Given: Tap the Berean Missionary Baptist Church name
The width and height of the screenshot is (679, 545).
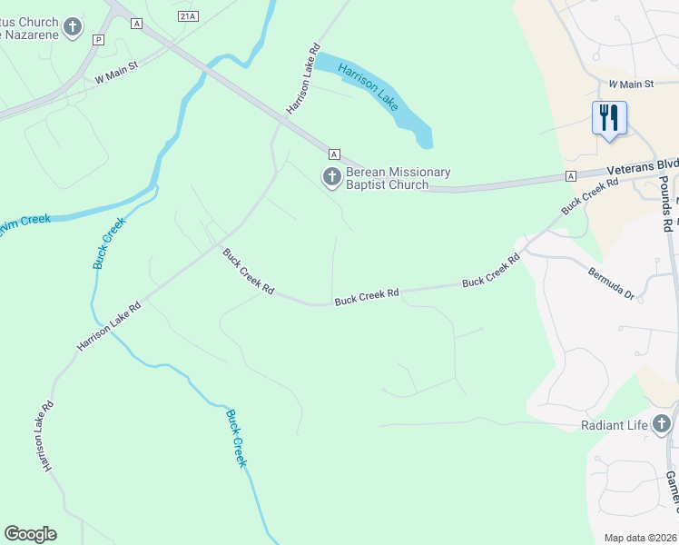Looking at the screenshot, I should [x=398, y=179].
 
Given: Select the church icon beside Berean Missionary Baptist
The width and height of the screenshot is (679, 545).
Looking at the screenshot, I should [x=332, y=177].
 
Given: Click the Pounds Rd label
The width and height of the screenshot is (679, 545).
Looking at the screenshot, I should [x=666, y=202].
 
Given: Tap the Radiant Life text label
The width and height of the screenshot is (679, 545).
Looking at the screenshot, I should [x=615, y=425].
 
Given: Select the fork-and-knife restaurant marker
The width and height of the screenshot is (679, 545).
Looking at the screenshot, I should [x=609, y=117].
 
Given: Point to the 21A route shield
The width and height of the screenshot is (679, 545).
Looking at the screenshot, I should [x=188, y=15].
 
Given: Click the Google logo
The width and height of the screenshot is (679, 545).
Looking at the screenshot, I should [x=30, y=534].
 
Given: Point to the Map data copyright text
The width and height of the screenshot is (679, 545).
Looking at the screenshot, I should [x=639, y=538].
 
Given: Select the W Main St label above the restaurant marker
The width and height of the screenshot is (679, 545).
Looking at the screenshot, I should [x=631, y=84].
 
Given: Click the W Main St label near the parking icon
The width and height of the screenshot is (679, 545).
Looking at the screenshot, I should [x=115, y=72].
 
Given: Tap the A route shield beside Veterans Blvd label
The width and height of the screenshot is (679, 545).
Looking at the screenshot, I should [x=570, y=175].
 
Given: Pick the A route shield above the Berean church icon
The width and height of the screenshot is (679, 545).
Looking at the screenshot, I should [x=334, y=154].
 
